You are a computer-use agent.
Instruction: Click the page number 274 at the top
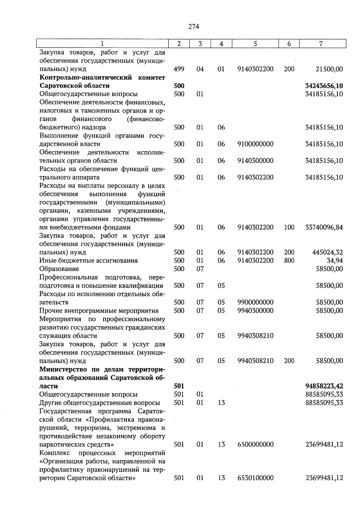(193, 27)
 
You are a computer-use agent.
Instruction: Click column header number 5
(255, 44)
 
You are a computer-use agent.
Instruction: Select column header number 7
(321, 44)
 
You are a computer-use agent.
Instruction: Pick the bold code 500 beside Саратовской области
(179, 86)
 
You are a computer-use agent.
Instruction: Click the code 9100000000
(255, 144)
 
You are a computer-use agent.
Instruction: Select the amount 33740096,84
(324, 227)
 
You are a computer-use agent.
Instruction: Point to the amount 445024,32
(327, 252)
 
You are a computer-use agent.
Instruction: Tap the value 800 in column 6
(289, 261)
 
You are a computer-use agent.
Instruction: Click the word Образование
(59, 269)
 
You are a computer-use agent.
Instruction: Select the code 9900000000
(255, 302)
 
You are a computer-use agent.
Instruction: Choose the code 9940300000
(255, 311)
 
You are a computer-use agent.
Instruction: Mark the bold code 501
(179, 386)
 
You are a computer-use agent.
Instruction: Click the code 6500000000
(255, 444)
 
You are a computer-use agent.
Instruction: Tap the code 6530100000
(255, 478)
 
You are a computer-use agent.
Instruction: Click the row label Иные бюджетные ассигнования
(88, 261)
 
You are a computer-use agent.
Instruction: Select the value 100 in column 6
(289, 227)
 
